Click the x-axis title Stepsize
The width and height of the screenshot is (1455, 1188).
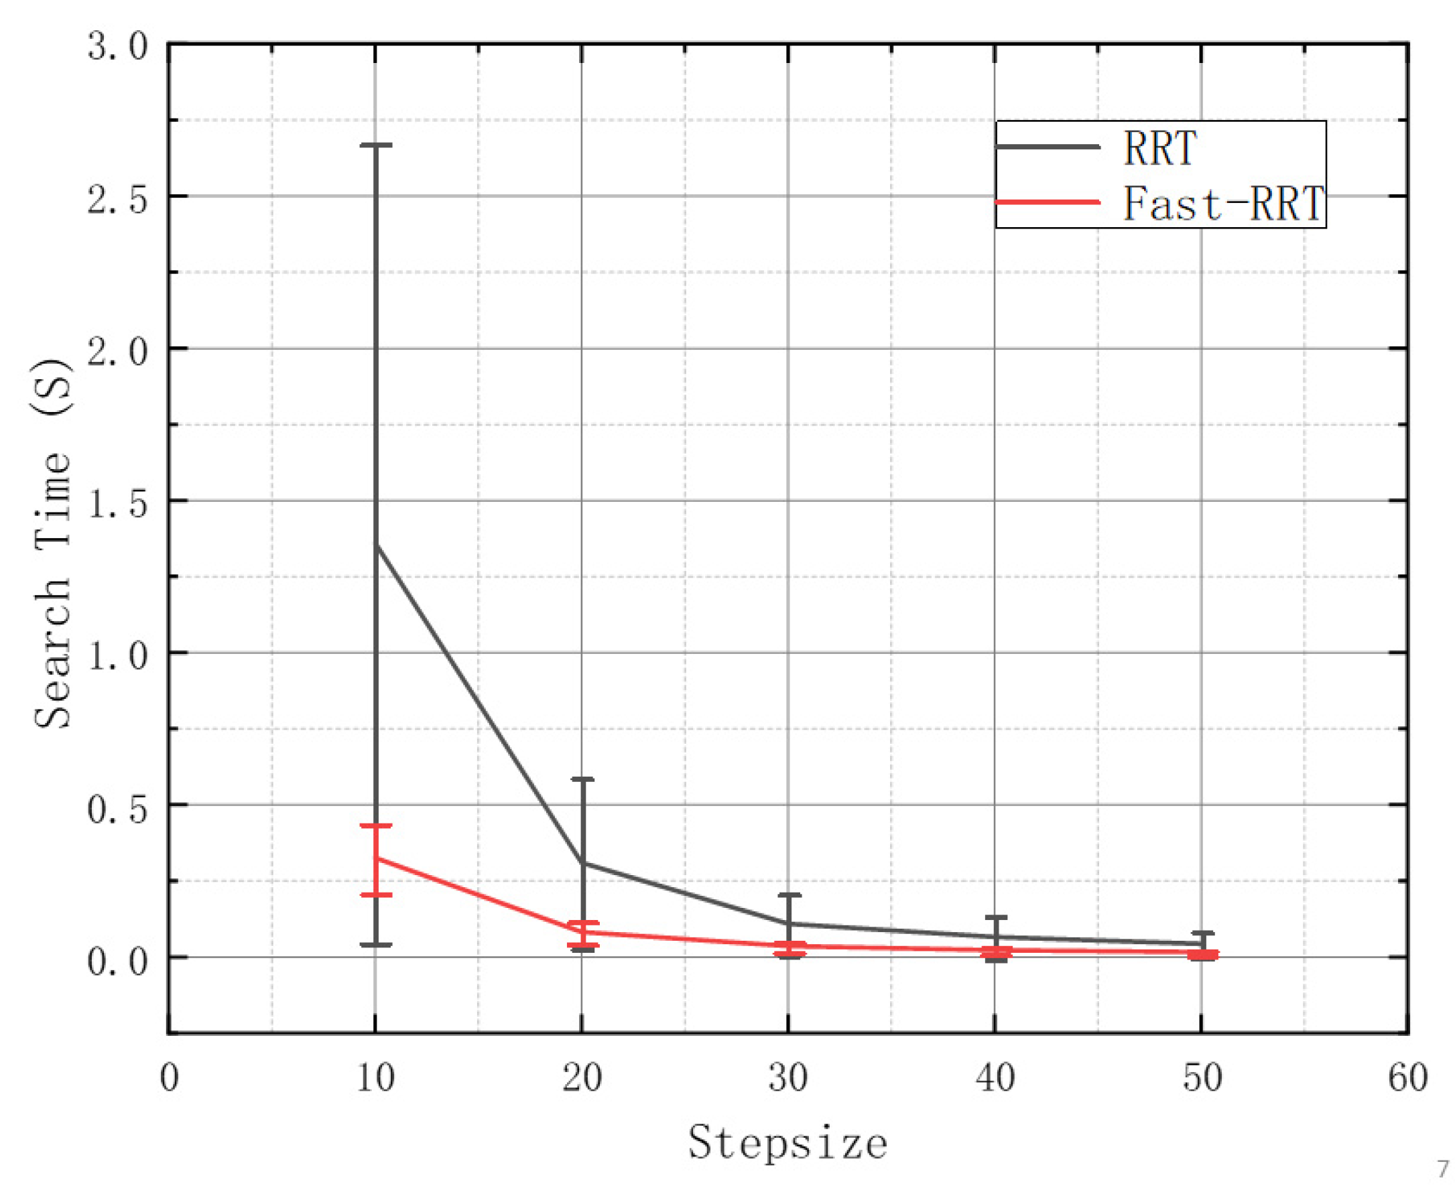coord(787,1142)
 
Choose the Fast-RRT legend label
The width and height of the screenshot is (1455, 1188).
coord(1222,203)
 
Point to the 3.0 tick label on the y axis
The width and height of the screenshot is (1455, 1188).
coord(118,48)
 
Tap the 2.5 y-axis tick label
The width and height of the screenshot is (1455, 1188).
coord(118,200)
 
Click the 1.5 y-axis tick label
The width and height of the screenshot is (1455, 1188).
coord(118,504)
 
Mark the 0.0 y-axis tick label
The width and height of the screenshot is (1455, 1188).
coord(118,960)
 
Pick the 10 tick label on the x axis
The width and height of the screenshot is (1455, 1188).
coord(376,1077)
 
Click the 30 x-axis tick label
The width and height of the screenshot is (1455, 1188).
coord(788,1077)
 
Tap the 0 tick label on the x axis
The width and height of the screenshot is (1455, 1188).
coord(169,1077)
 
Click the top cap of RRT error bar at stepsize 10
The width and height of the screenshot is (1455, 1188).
coord(376,145)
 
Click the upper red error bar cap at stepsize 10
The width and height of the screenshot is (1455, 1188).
coord(376,826)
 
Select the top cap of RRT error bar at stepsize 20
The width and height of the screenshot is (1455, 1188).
coord(582,779)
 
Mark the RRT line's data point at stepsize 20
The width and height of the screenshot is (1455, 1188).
coord(582,862)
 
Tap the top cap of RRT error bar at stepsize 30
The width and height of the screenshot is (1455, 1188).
coord(789,895)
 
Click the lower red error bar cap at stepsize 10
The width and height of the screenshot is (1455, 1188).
coord(376,895)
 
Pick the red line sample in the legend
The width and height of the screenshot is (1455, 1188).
coord(1047,202)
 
